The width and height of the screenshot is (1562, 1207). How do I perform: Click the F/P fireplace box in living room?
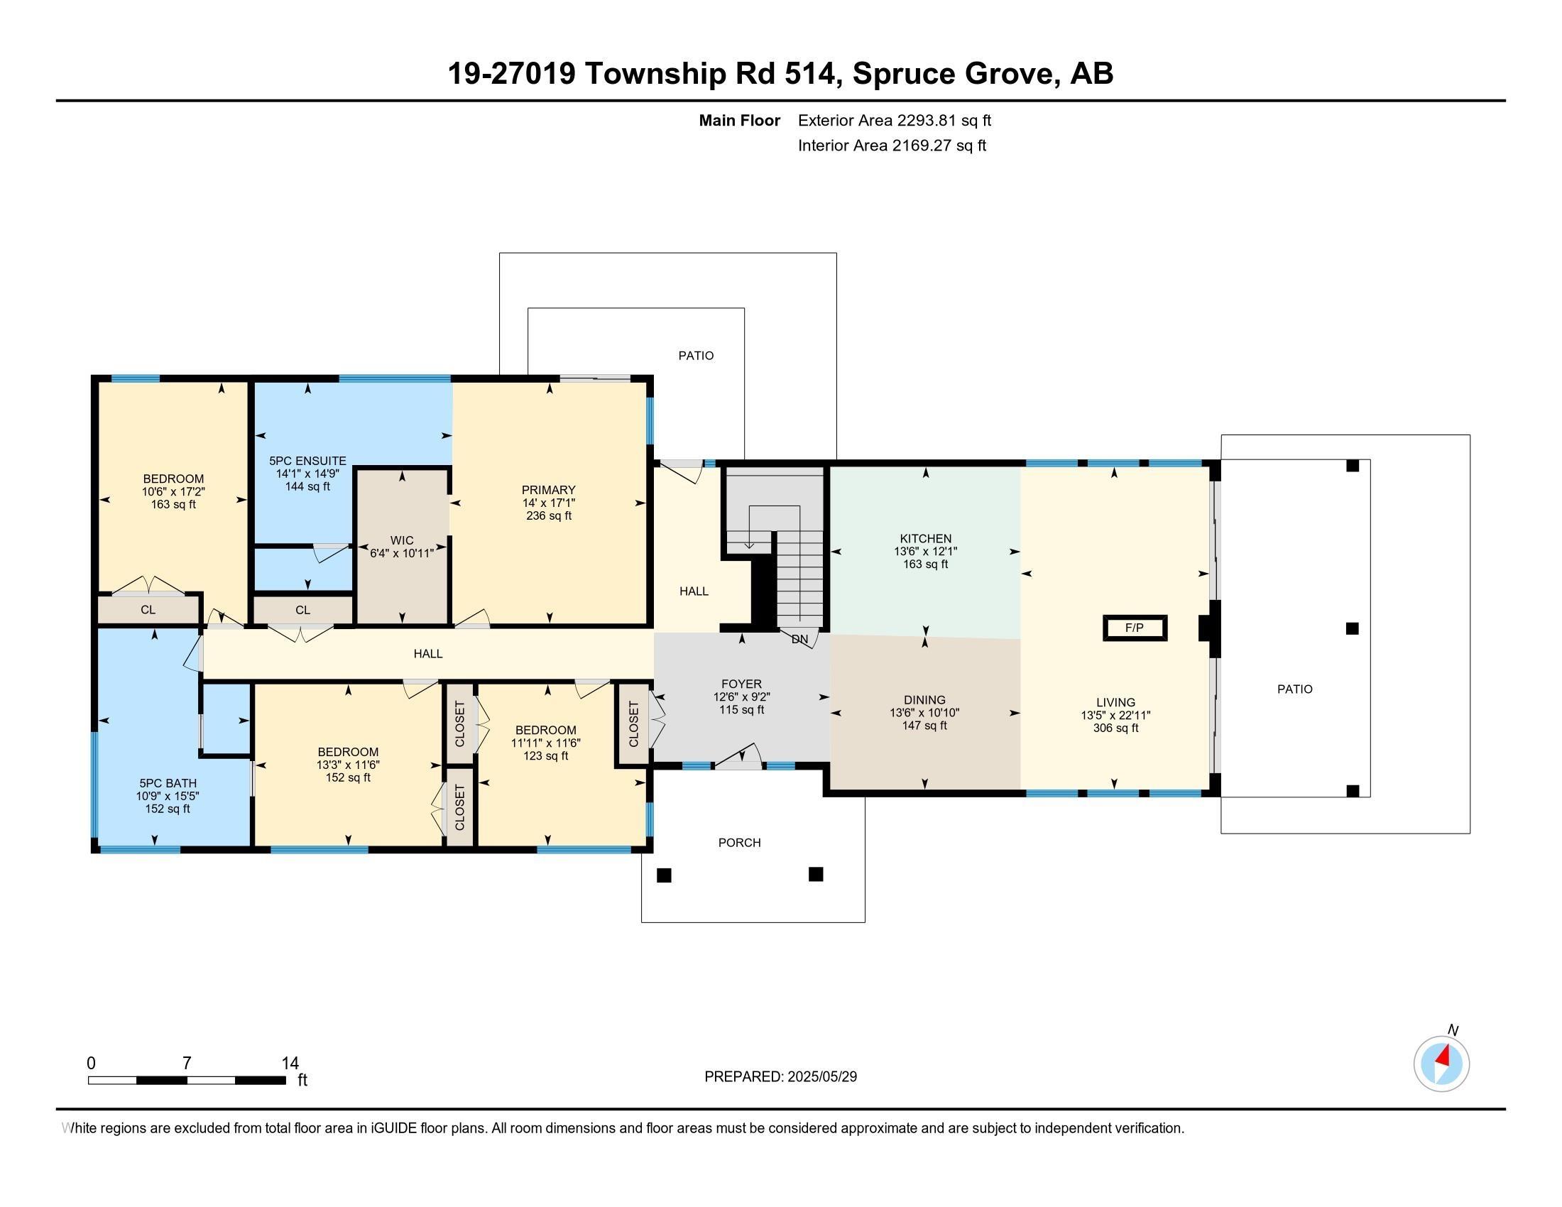point(1135,628)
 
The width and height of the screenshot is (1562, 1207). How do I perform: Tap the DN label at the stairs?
point(799,639)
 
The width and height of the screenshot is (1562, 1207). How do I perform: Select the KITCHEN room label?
point(924,538)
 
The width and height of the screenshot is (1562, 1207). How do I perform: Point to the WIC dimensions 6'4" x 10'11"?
point(401,552)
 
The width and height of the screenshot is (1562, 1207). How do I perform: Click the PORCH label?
point(739,842)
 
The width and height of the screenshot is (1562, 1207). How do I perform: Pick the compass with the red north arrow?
point(1441,1064)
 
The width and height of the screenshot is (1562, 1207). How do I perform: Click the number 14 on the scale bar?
point(290,1063)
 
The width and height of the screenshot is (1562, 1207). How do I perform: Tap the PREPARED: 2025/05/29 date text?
point(780,1076)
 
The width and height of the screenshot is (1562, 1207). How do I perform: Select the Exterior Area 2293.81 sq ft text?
point(894,120)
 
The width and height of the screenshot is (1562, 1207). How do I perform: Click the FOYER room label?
point(741,684)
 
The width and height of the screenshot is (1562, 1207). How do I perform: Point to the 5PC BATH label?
point(168,783)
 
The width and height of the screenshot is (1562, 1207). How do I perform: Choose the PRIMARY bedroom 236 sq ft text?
point(549,515)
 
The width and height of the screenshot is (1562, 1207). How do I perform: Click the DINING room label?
point(924,699)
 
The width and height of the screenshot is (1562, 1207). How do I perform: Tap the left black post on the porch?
point(664,875)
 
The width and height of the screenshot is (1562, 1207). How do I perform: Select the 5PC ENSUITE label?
point(307,461)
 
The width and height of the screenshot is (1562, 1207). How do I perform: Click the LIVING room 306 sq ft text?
point(1115,728)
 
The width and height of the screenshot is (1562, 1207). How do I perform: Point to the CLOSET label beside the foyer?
point(633,723)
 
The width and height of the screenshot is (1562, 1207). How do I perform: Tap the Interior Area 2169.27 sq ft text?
point(891,145)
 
